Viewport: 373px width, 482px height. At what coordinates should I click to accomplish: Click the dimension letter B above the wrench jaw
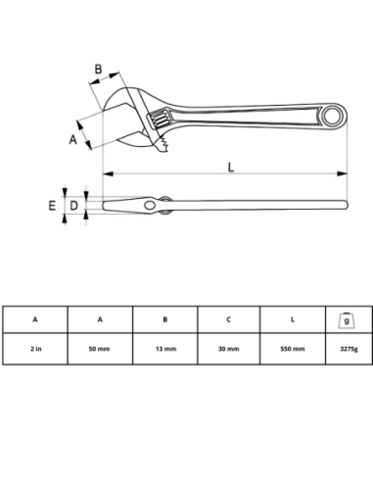click(98, 70)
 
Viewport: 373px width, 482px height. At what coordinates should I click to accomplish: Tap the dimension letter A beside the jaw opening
click(73, 139)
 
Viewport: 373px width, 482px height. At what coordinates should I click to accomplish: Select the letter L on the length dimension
click(231, 167)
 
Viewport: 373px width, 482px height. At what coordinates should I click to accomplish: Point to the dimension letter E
click(52, 206)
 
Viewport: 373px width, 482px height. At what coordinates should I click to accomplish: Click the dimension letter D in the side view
click(74, 206)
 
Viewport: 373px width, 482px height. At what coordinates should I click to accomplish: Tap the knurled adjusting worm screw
click(160, 120)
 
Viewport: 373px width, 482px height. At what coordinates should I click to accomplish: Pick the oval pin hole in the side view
click(150, 206)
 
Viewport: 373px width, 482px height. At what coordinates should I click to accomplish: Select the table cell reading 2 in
click(36, 349)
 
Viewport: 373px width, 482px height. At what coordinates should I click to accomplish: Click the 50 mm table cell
click(99, 349)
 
